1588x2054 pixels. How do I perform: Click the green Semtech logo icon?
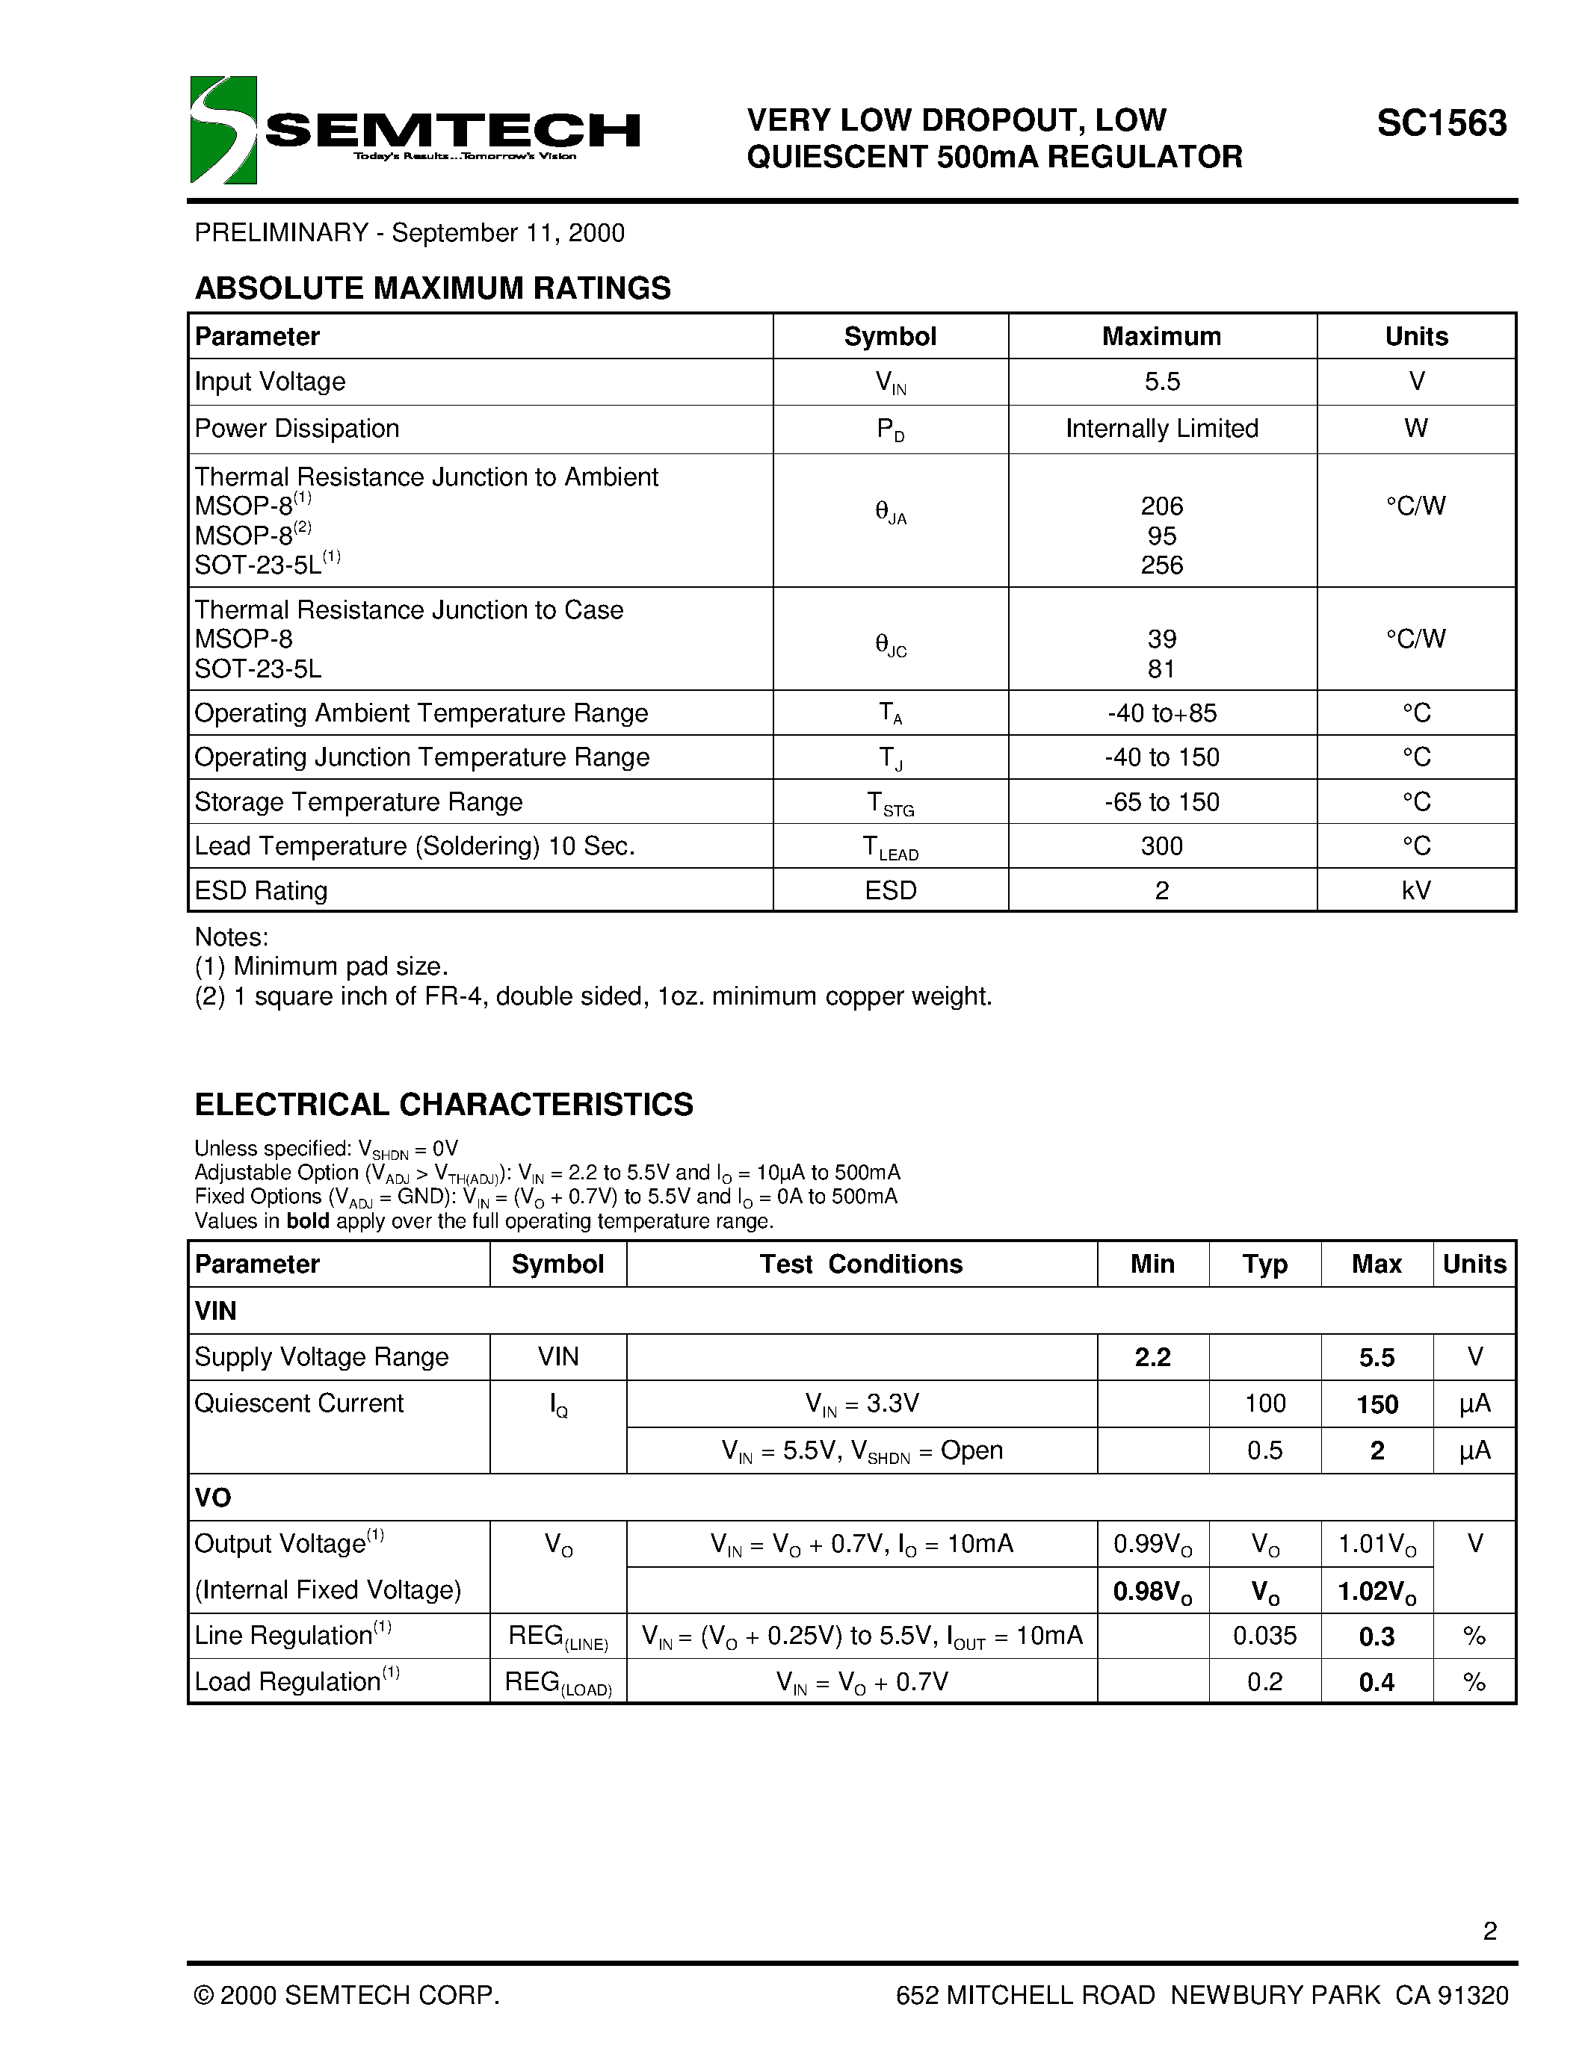223,130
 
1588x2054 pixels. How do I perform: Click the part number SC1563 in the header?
1442,123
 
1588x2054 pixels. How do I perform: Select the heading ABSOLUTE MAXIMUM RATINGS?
433,288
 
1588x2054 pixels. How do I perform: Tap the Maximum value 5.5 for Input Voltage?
1162,382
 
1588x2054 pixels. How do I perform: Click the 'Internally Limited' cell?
1162,429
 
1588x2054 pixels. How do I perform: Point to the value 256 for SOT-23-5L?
1162,565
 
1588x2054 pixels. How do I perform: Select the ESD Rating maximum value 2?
1162,890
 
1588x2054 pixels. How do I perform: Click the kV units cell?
1416,890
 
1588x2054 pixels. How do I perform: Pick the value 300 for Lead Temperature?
1162,846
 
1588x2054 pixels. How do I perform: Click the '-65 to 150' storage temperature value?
1162,802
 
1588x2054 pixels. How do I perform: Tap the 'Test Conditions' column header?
861,1264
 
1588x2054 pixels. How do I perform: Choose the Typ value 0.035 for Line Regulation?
1264,1636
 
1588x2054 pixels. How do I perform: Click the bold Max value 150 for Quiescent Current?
1377,1404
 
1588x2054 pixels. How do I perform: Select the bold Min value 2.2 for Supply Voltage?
1152,1357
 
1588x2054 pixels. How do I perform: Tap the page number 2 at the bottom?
1489,1931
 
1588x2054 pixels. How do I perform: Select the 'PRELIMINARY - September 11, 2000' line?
410,233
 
